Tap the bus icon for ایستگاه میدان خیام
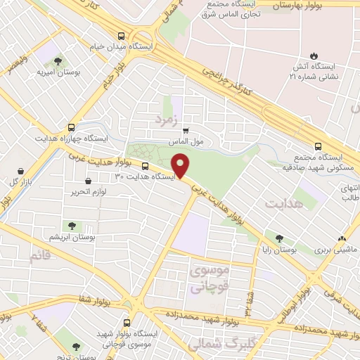pyautogui.click(x=122, y=36)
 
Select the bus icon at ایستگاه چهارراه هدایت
pyautogui.click(x=72, y=128)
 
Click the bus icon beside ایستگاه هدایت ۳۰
pyautogui.click(x=145, y=167)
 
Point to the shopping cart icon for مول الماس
pyautogui.click(x=186, y=130)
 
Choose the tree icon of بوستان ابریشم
pyautogui.click(x=72, y=226)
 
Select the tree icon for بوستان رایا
pyautogui.click(x=280, y=239)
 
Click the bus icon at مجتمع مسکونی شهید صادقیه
pyautogui.click(x=318, y=147)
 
